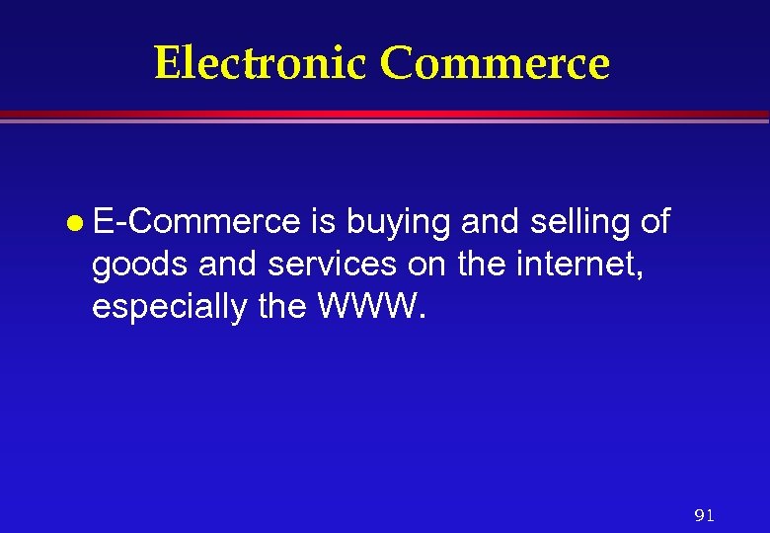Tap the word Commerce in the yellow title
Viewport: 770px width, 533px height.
point(495,63)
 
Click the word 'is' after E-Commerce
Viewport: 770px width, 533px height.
point(322,222)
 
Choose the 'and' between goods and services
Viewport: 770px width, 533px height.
point(214,265)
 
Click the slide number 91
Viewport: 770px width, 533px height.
point(704,515)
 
